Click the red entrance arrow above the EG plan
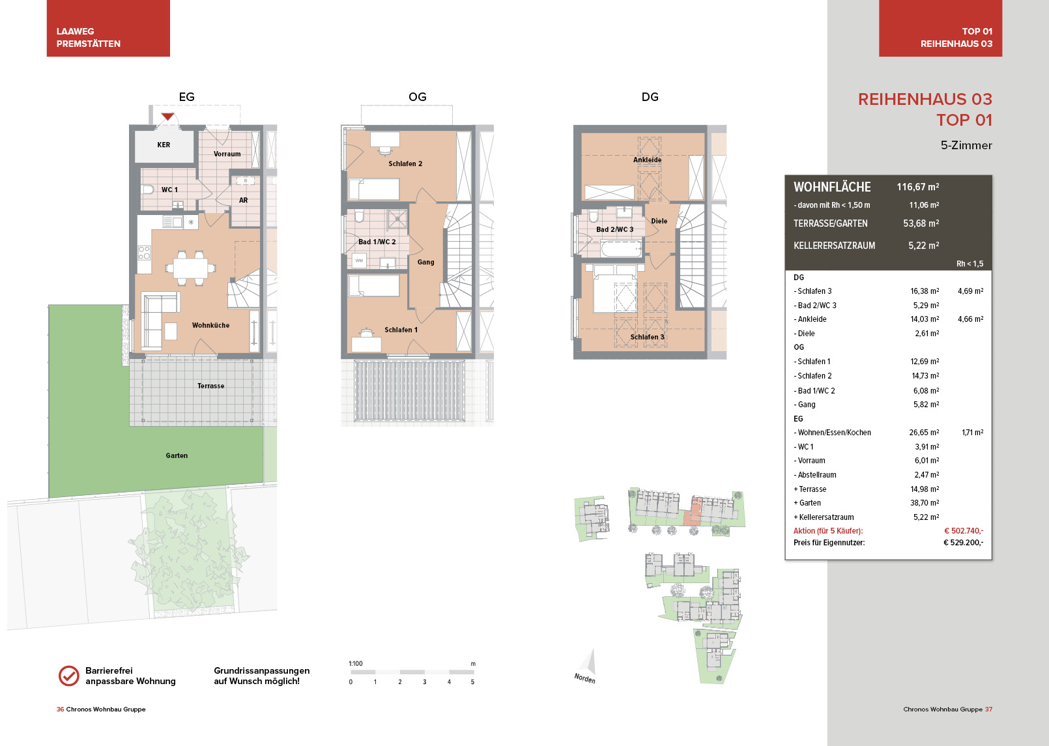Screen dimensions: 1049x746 (167, 116)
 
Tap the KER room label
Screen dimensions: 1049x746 (164, 145)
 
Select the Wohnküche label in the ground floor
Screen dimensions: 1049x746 (210, 325)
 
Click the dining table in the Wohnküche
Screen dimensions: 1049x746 (190, 268)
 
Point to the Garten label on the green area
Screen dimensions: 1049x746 (177, 455)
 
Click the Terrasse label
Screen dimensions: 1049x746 (210, 386)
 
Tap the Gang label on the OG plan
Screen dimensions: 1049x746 (425, 263)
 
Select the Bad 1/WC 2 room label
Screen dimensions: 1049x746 (377, 242)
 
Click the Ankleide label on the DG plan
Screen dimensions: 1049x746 (647, 160)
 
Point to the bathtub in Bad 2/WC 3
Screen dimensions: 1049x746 (622, 248)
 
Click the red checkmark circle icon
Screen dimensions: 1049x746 (69, 676)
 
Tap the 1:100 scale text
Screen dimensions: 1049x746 (356, 663)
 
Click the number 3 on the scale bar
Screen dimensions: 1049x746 (424, 682)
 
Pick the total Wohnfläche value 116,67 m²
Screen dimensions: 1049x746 (918, 187)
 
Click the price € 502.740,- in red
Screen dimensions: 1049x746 (963, 530)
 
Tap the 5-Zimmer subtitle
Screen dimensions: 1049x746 (966, 145)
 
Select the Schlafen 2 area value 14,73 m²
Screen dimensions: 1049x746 (925, 375)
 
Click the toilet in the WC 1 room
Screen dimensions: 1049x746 (148, 190)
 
